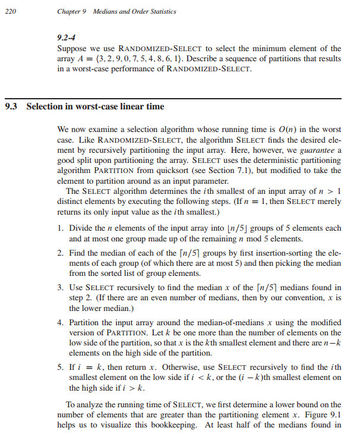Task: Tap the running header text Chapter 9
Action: pyautogui.click(x=73, y=11)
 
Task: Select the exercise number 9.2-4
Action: pyautogui.click(x=67, y=37)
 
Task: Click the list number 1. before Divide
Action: pyautogui.click(x=61, y=228)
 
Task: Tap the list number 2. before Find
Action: pyautogui.click(x=61, y=253)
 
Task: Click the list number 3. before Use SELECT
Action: pyautogui.click(x=61, y=288)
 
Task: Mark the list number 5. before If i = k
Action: pyautogui.click(x=61, y=367)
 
